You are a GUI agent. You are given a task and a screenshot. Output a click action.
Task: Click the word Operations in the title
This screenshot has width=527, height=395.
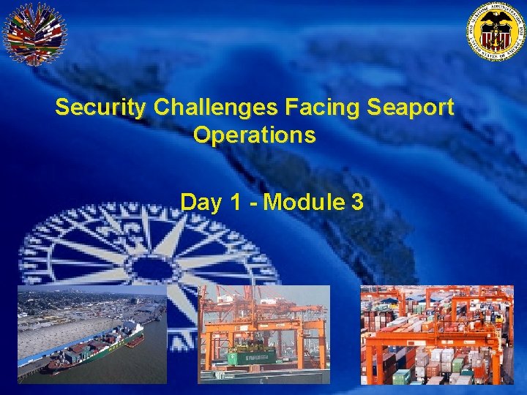click(255, 135)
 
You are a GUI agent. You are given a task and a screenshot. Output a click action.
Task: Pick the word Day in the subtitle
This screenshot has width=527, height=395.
click(196, 202)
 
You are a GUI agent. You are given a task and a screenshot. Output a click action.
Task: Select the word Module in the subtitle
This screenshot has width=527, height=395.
click(304, 202)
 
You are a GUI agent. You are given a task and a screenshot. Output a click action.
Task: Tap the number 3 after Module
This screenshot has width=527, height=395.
click(357, 202)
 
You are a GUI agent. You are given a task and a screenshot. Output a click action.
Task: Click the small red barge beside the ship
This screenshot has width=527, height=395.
click(135, 341)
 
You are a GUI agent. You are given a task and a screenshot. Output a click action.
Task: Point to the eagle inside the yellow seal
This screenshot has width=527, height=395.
click(496, 28)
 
